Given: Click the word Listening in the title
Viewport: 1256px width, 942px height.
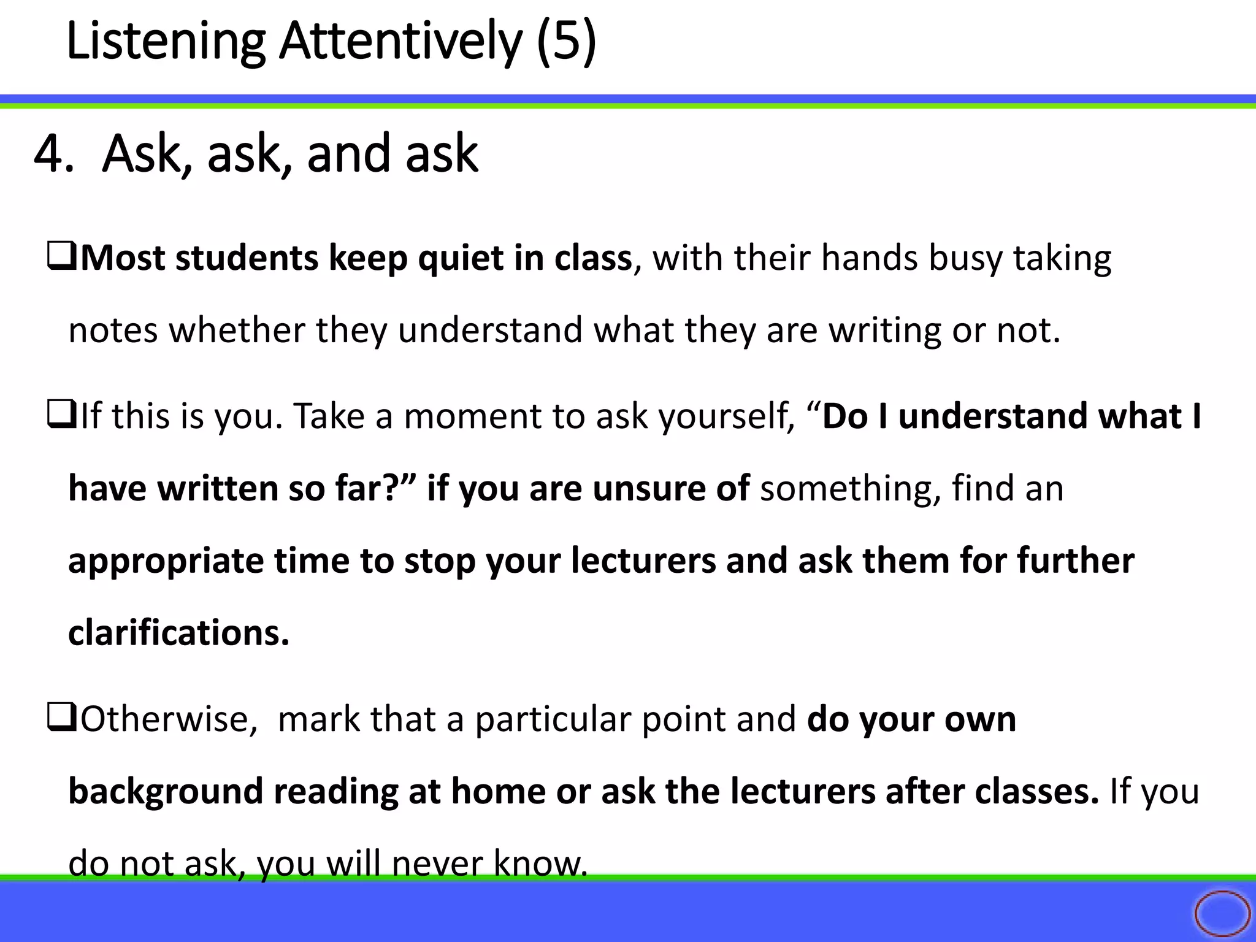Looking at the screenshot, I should point(165,42).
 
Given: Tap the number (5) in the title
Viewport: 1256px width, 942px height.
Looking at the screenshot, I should point(566,42).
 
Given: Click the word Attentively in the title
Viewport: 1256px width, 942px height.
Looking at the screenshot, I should point(400,42).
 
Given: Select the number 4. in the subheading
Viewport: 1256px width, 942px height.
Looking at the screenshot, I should point(54,153).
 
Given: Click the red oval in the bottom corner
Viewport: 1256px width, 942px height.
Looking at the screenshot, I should point(1222,913).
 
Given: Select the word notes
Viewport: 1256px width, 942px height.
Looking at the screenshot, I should point(113,330).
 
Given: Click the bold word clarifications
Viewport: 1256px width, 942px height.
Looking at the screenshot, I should point(178,633).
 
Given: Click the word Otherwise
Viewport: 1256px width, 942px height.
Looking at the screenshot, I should point(169,719).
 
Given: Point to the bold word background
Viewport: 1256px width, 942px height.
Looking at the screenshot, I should point(166,792).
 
